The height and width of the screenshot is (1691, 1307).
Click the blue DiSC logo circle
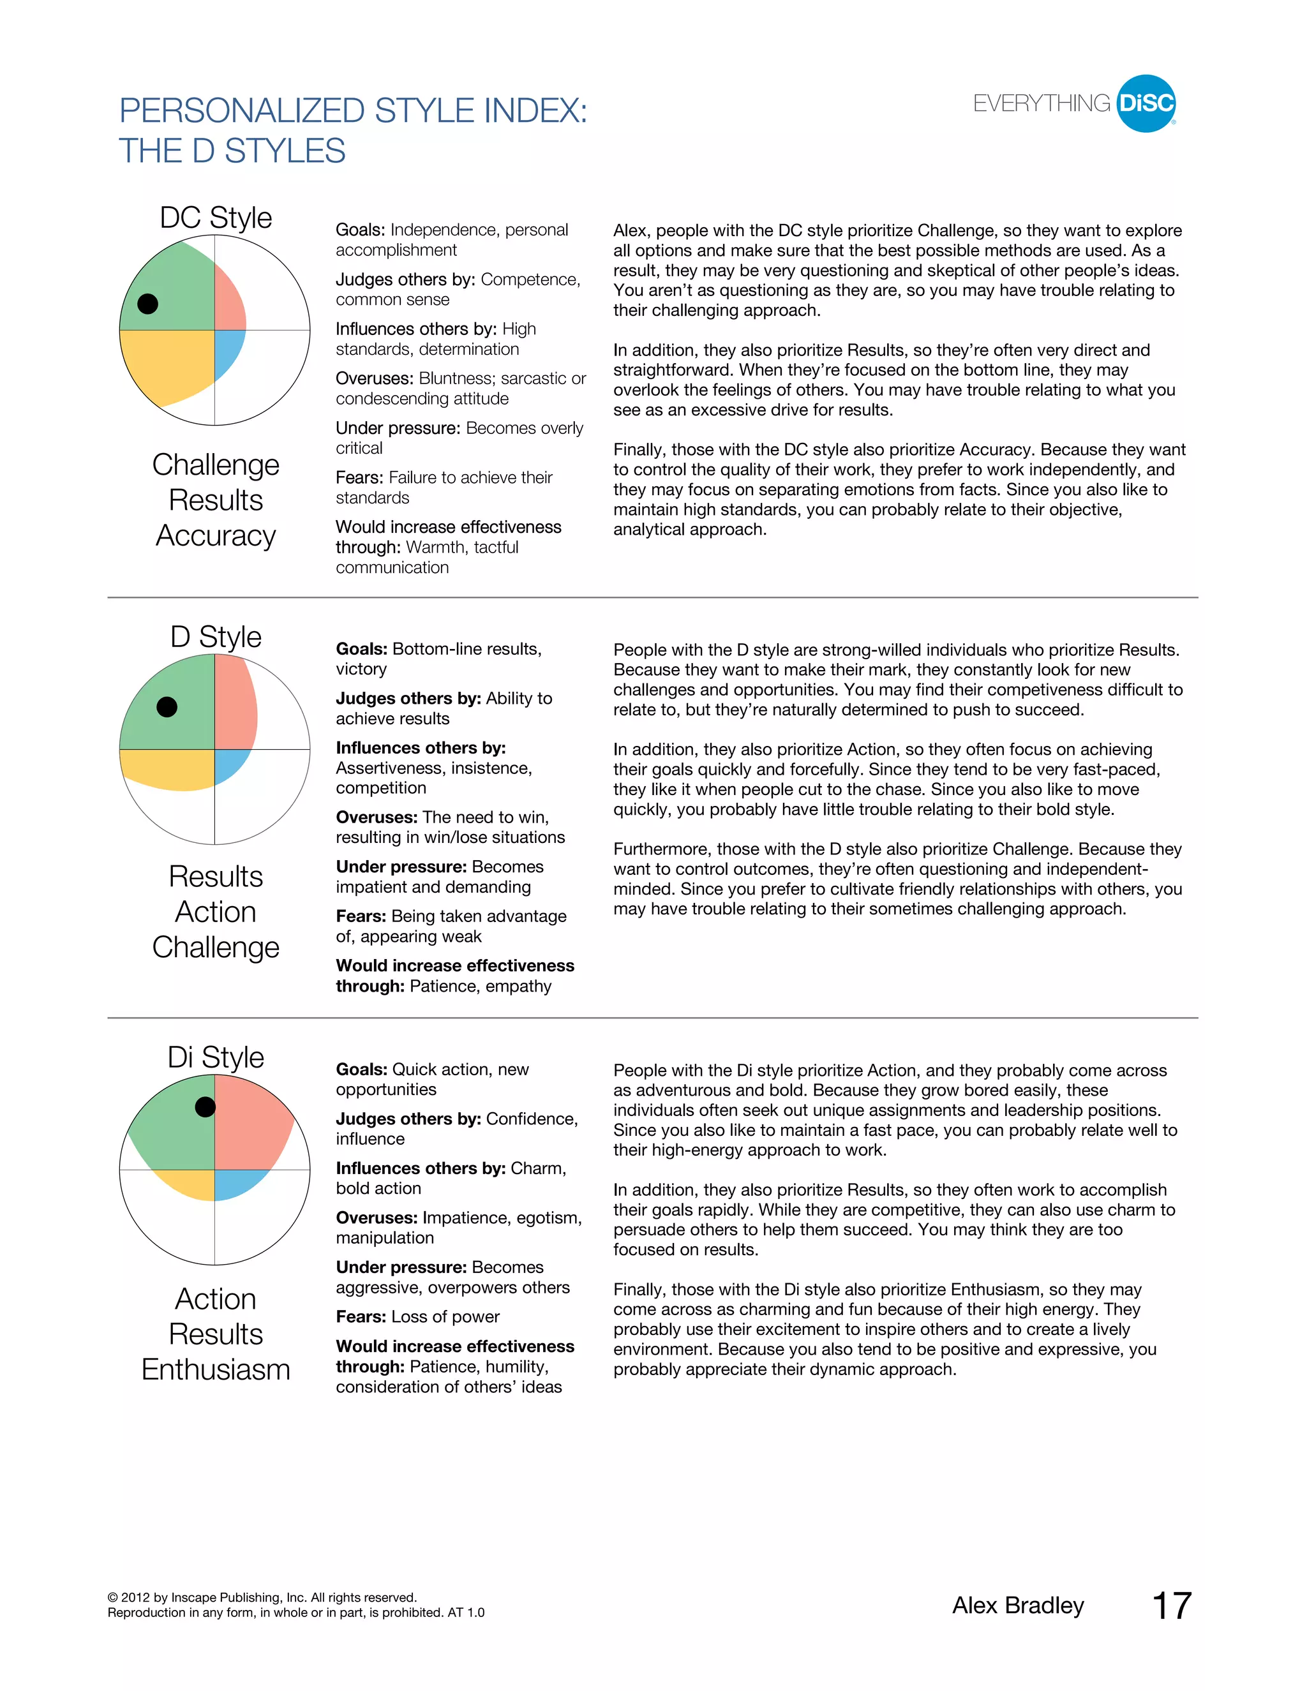[1146, 104]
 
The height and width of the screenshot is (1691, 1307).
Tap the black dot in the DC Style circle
[148, 304]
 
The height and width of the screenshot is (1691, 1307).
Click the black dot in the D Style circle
[167, 707]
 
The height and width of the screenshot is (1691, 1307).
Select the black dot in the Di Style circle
[205, 1107]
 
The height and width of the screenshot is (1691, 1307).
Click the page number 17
[1172, 1605]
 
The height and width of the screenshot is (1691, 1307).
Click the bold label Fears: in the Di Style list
[361, 1316]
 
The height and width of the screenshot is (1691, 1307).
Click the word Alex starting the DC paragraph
[631, 231]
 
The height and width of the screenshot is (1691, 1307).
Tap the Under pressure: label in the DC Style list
[398, 428]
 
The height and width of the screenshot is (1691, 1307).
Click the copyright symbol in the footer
[113, 1597]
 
